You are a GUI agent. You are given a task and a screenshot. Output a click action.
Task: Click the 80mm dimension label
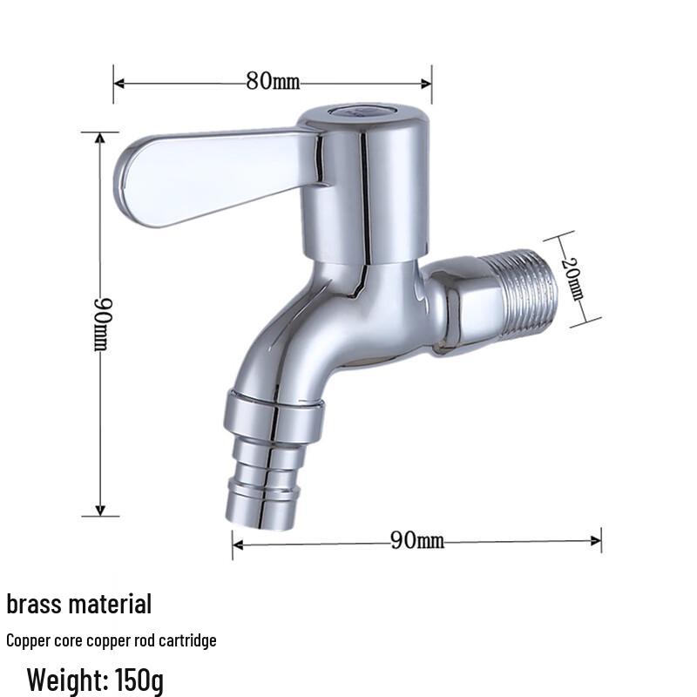pos(272,82)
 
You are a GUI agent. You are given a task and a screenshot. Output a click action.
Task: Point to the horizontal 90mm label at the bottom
pos(416,541)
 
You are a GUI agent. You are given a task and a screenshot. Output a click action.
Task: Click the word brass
pos(36,604)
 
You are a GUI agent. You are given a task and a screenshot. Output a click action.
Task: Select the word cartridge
pos(184,641)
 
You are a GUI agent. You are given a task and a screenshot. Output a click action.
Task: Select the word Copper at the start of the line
pos(27,641)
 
